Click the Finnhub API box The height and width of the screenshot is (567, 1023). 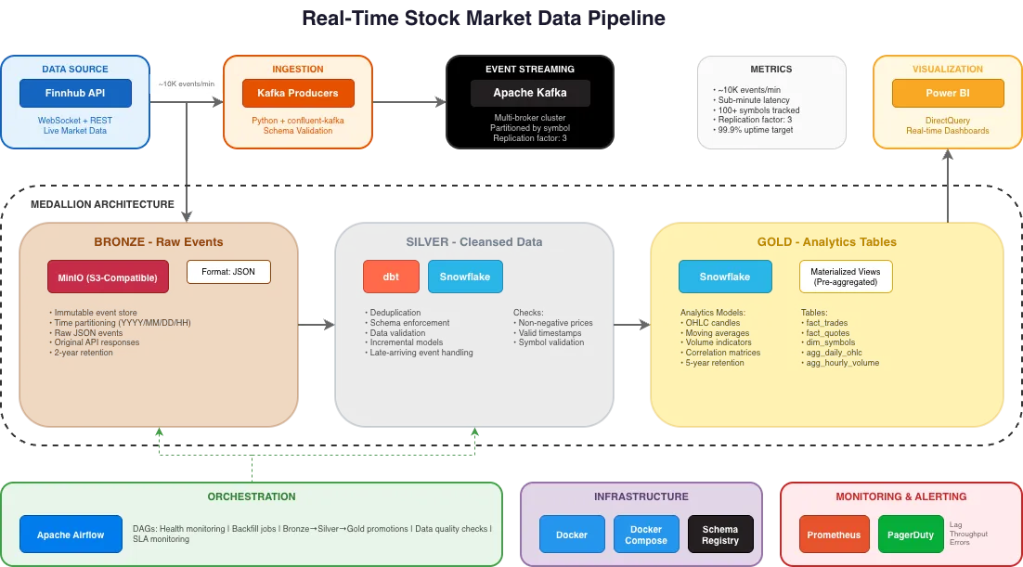tap(76, 94)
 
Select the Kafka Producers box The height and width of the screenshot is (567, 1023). tap(298, 94)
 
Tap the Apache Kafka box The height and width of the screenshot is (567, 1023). tap(530, 94)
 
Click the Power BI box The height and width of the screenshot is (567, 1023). tap(947, 94)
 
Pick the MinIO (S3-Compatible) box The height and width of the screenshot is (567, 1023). tap(108, 277)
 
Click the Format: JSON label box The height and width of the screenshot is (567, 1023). tap(228, 272)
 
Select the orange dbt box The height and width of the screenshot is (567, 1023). tap(391, 277)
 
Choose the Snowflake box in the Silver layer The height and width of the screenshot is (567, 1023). tap(465, 277)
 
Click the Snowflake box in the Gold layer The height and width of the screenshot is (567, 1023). tap(725, 277)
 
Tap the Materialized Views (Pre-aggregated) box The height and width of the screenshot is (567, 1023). tap(846, 277)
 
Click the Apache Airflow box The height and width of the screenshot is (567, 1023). tap(71, 535)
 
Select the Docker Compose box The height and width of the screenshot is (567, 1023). tap(646, 535)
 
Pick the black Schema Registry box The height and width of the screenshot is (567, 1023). tap(720, 535)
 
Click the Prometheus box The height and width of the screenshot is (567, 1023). tap(833, 535)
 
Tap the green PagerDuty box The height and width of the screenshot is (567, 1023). tap(911, 535)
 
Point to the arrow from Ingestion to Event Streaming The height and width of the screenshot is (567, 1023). tap(408, 95)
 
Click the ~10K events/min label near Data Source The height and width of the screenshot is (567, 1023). tap(186, 84)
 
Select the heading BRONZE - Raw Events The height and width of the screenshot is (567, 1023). tap(159, 242)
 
